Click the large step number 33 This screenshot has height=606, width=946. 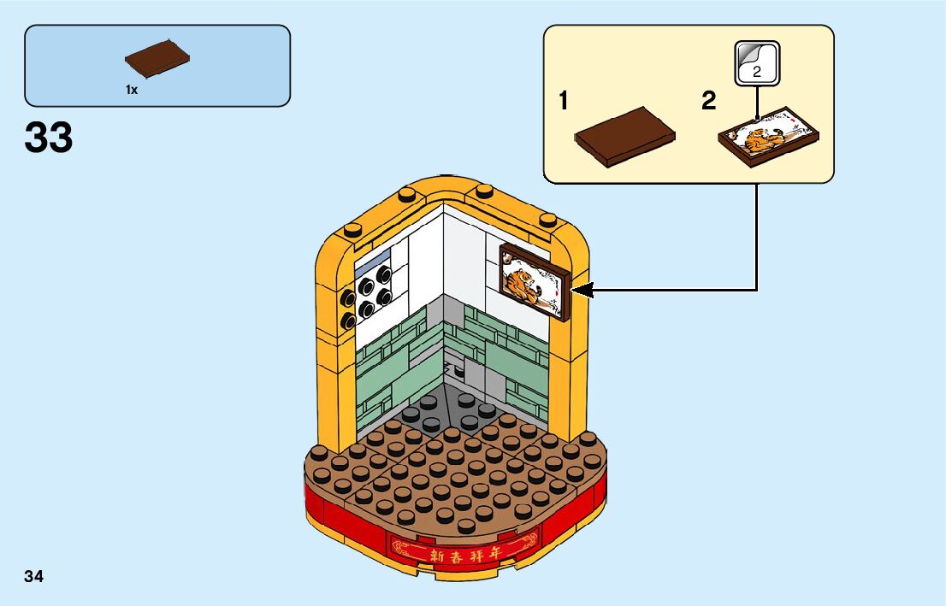49,138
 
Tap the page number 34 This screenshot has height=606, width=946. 34,576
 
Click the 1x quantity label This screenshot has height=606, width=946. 132,90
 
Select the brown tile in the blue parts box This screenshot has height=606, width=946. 157,58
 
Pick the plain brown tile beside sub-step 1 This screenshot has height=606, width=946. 625,136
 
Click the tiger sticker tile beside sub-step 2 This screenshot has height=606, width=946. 768,136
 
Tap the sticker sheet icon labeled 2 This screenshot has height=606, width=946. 757,64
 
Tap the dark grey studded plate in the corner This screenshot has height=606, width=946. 444,414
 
